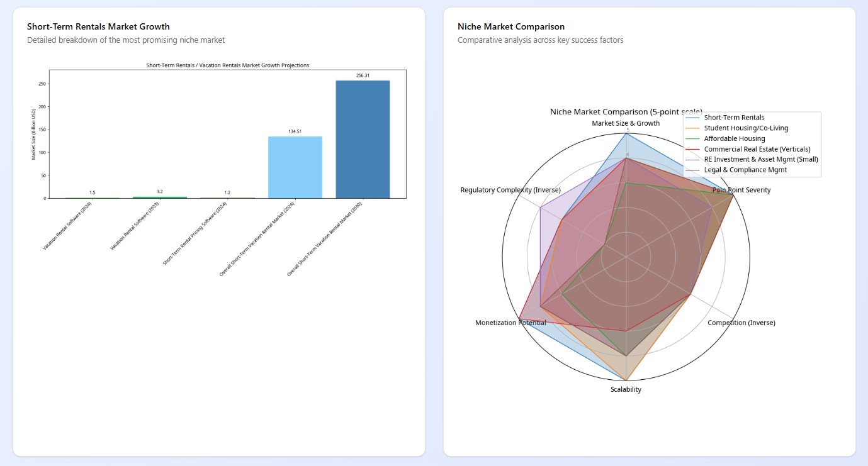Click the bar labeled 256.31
click(363, 139)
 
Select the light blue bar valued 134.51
click(295, 167)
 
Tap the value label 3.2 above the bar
click(160, 192)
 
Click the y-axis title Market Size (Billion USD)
click(33, 134)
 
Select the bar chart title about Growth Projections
click(227, 65)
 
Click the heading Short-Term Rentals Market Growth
click(98, 26)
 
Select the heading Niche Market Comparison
click(511, 26)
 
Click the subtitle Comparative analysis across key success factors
click(540, 40)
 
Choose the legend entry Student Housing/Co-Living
click(746, 128)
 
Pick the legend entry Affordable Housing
click(735, 138)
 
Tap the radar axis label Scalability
click(626, 390)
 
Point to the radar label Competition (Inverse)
click(741, 323)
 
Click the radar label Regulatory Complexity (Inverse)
click(510, 190)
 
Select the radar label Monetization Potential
click(510, 323)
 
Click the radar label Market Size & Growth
click(626, 123)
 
